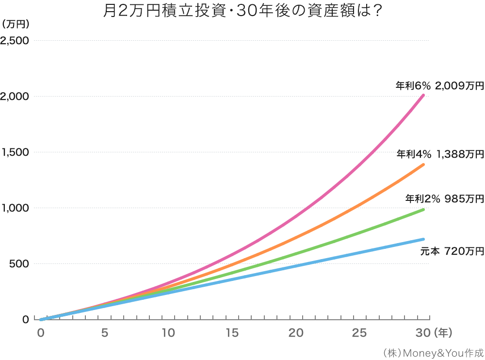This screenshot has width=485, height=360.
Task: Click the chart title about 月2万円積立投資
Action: tap(242, 11)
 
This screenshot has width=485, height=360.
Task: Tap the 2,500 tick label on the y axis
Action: tap(15, 41)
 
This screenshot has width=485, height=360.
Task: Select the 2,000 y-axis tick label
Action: tap(15, 97)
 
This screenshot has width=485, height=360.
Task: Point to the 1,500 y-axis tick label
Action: tap(15, 152)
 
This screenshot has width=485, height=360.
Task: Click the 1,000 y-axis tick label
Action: tap(15, 208)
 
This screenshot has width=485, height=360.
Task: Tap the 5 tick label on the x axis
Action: tap(104, 333)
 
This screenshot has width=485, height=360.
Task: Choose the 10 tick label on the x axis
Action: tap(168, 333)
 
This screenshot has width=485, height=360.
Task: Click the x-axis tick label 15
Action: tap(232, 333)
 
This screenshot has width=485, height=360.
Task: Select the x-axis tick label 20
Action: tap(296, 333)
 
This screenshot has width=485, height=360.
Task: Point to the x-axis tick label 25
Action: tap(359, 333)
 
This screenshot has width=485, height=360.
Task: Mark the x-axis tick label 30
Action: tap(423, 333)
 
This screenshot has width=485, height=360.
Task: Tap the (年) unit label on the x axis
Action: tap(444, 333)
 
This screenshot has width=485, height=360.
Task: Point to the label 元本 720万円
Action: tap(452, 251)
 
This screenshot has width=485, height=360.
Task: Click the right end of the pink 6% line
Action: tap(423, 95)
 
